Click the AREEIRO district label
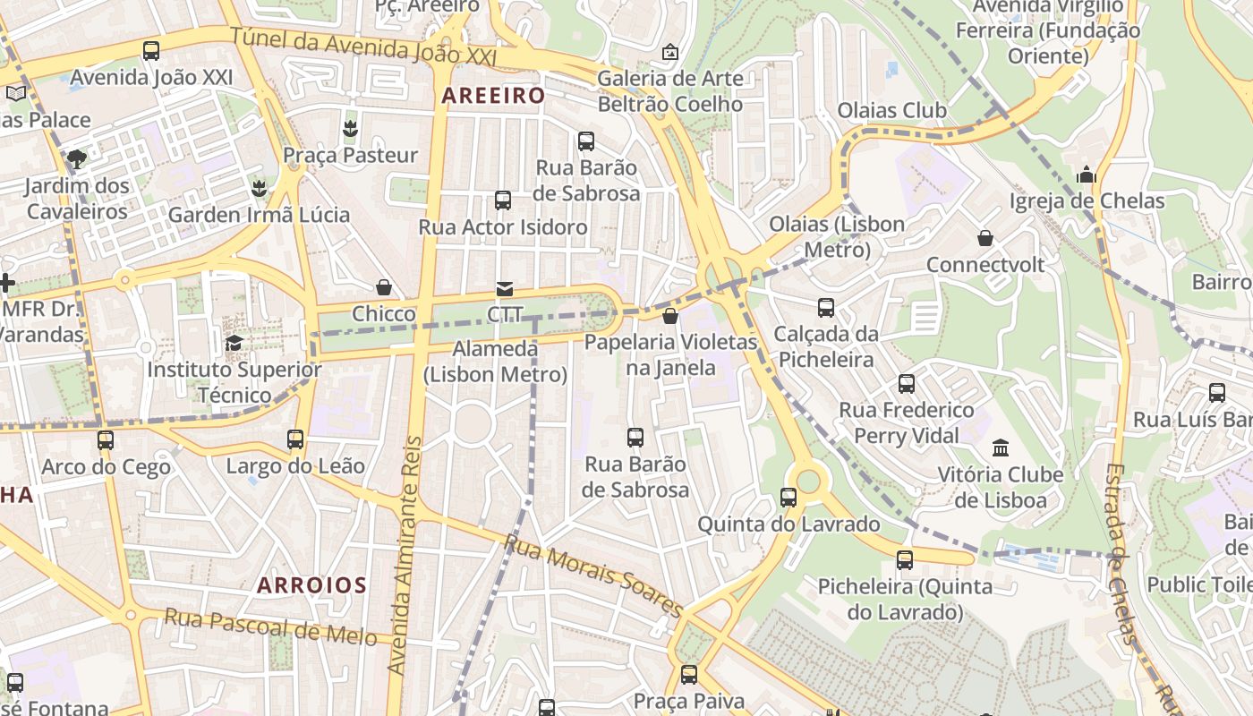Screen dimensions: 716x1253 coord(493,95)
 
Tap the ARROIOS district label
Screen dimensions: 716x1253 coord(311,585)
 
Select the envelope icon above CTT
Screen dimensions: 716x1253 coord(505,289)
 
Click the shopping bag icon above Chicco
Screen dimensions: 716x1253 coord(384,287)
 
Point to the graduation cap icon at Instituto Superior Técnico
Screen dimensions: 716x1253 coord(234,343)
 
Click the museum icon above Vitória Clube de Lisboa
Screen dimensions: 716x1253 coord(1001,447)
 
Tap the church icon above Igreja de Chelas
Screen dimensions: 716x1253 coord(1087,175)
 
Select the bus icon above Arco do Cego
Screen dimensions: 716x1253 coord(106,439)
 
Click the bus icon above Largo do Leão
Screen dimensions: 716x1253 coord(295,439)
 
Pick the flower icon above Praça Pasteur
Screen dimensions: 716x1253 coord(350,128)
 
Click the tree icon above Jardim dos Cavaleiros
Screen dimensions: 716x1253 coord(77,159)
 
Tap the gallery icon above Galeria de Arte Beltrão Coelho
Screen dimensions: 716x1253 coord(669,52)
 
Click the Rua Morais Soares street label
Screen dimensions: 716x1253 coord(593,574)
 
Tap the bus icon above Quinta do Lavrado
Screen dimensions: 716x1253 coord(788,498)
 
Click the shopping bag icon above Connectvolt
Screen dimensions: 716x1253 coord(985,238)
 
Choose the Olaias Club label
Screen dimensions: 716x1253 coord(891,110)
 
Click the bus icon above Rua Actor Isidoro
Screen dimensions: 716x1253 coord(503,200)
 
